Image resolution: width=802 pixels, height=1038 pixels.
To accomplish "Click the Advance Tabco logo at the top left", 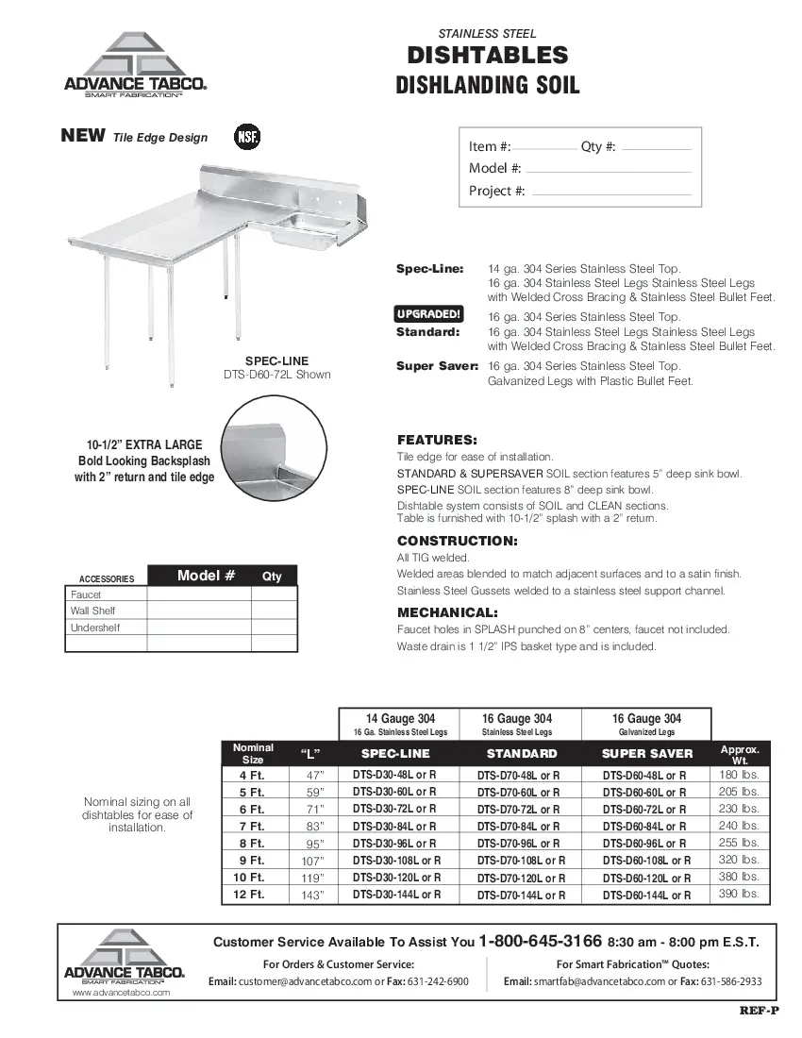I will (x=134, y=64).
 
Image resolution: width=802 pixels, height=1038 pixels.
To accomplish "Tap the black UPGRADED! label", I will (x=428, y=314).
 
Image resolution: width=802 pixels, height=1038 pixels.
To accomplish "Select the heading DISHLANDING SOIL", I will (x=488, y=86).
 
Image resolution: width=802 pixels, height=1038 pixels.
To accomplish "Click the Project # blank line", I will (x=611, y=192).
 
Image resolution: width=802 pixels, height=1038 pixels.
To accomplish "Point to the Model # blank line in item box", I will (x=608, y=169).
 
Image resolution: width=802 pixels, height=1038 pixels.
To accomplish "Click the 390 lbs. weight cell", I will (x=739, y=894).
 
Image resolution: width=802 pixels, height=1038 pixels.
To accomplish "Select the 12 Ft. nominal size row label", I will (x=250, y=895).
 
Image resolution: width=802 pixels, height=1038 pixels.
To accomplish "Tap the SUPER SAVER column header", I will (x=646, y=753).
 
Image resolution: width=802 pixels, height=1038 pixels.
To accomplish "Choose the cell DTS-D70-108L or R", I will (x=521, y=861).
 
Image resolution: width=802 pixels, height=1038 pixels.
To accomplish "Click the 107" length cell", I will (x=312, y=861).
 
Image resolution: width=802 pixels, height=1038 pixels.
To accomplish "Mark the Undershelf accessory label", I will (x=95, y=628).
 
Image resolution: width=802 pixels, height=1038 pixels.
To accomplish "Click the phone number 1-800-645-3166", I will (x=540, y=941).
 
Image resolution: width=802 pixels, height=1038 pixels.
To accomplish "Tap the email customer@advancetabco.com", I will (x=306, y=981).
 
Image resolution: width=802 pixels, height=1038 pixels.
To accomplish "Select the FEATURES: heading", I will (x=437, y=440).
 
